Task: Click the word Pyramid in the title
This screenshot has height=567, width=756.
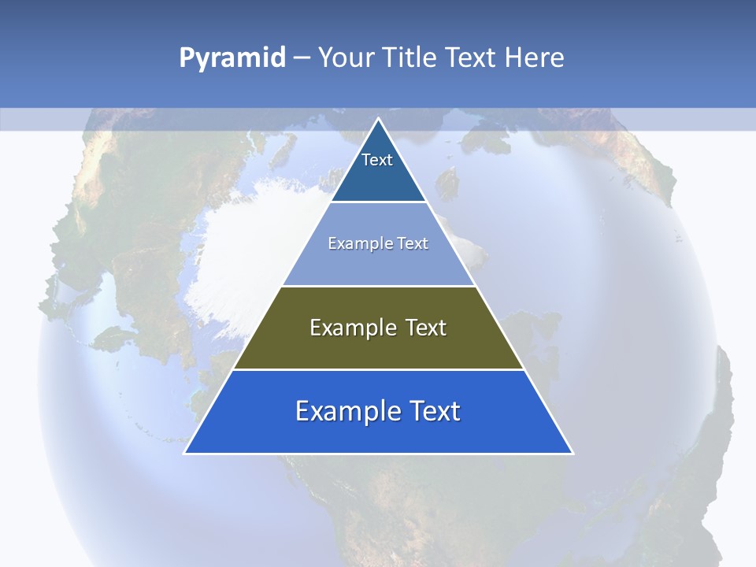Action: coord(232,58)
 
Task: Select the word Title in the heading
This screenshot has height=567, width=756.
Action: coord(409,58)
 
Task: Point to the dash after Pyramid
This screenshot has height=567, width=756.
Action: coord(302,58)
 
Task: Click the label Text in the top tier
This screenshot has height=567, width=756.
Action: coord(377,160)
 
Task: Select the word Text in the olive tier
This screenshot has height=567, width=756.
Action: coord(426,328)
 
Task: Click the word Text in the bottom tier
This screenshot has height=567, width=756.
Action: coord(434,411)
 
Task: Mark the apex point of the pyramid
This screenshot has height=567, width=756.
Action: coord(379,119)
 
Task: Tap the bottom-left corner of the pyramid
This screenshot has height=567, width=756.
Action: coord(185,453)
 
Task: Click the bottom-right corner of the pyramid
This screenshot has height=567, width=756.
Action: coord(573,453)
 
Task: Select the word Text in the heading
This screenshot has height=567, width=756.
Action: coord(472,58)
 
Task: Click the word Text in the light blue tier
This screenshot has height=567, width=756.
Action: coord(413,243)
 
